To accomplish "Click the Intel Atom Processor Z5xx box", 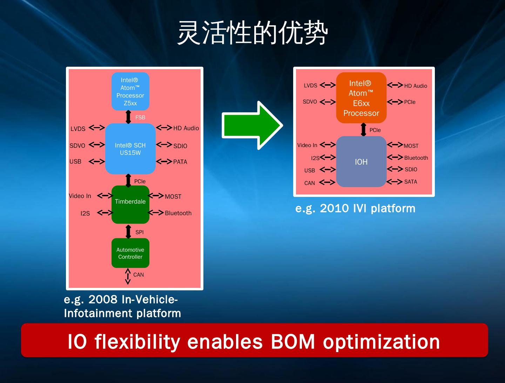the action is pyautogui.click(x=130, y=91).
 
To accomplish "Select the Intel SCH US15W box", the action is pyautogui.click(x=130, y=149).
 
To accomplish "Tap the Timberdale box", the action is pyautogui.click(x=130, y=204).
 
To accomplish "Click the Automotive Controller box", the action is pyautogui.click(x=130, y=253).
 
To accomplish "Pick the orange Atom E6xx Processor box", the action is pyautogui.click(x=361, y=98).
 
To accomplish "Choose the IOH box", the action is pyautogui.click(x=361, y=162).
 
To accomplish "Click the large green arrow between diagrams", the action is pyautogui.click(x=252, y=125).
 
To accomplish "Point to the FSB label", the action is pyautogui.click(x=140, y=118).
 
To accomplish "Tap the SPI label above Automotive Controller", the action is pyautogui.click(x=140, y=232).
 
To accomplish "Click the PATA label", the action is pyautogui.click(x=180, y=162).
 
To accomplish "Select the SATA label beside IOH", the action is pyautogui.click(x=411, y=182).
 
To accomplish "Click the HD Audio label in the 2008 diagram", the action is pyautogui.click(x=186, y=128).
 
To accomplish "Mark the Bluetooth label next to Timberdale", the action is pyautogui.click(x=178, y=213).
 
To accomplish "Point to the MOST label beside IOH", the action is pyautogui.click(x=411, y=146).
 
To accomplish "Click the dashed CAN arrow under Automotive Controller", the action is pyautogui.click(x=128, y=276).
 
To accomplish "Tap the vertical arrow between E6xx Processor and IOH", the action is pyautogui.click(x=363, y=130).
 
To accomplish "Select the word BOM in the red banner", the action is pyautogui.click(x=293, y=342).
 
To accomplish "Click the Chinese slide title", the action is pyautogui.click(x=252, y=33).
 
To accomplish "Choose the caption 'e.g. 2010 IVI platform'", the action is pyautogui.click(x=355, y=209).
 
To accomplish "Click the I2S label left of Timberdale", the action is pyautogui.click(x=85, y=213).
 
